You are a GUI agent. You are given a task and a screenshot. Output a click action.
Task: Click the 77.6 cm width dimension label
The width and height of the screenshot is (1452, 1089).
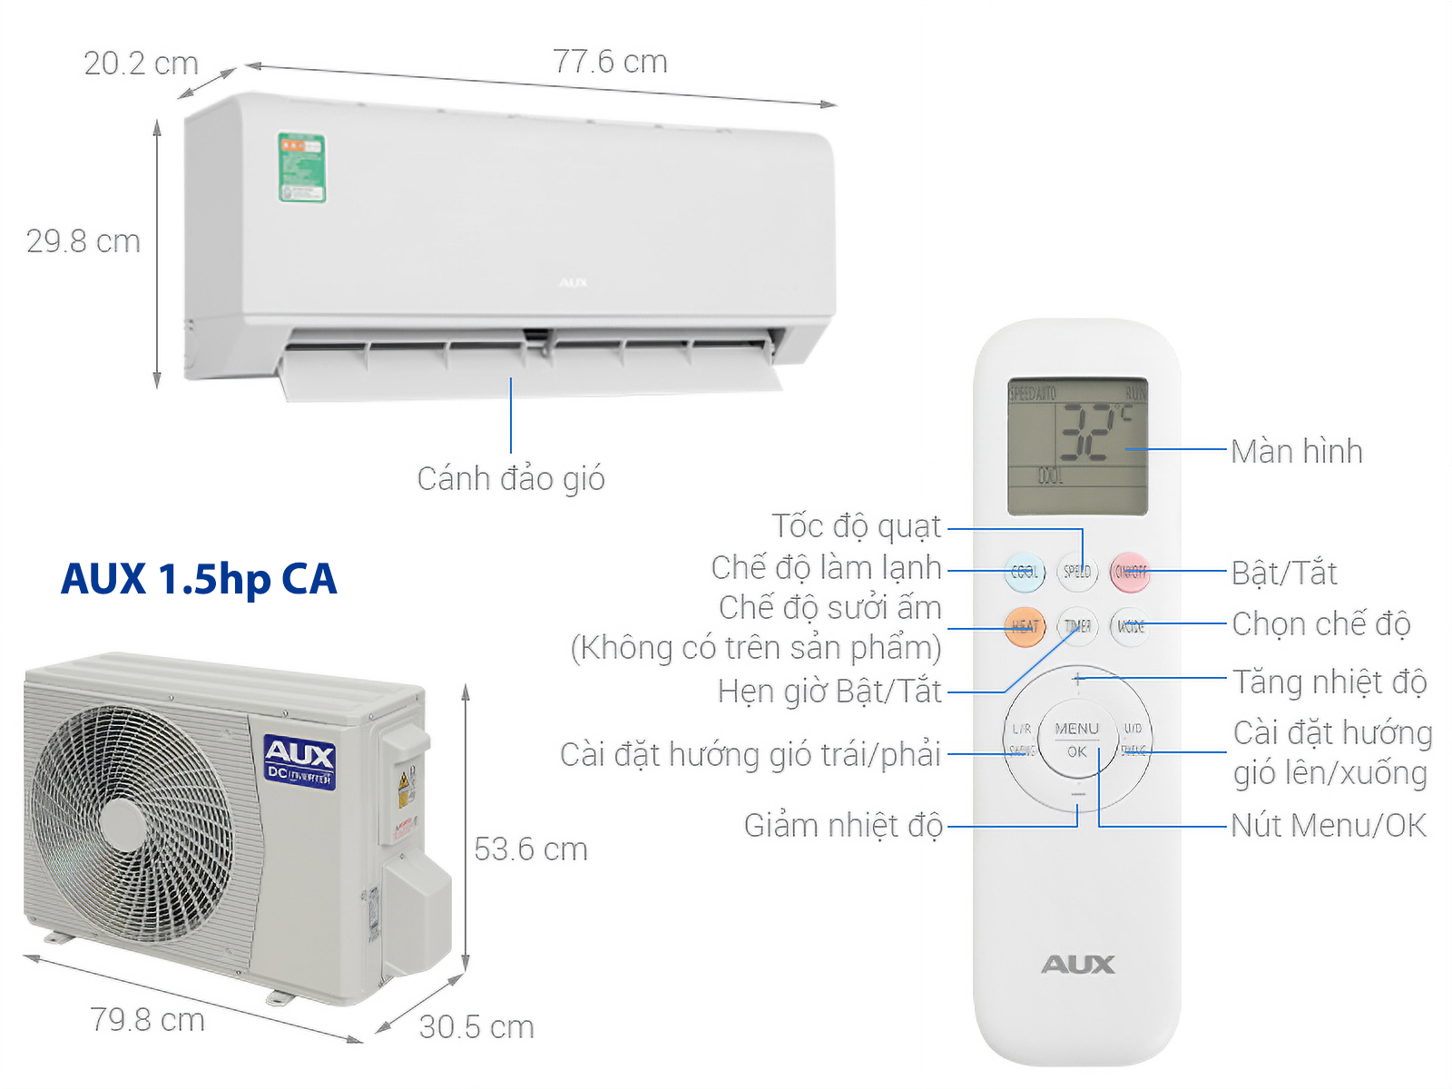(x=610, y=62)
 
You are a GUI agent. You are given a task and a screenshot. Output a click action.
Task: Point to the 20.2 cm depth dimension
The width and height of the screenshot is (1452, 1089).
(x=141, y=64)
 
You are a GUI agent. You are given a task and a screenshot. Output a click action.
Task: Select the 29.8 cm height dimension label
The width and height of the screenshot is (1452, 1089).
(x=83, y=241)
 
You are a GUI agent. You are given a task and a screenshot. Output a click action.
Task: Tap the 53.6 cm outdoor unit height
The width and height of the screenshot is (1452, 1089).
(x=531, y=849)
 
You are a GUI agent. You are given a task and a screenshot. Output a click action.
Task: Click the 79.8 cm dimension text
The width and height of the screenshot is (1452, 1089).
(x=147, y=1020)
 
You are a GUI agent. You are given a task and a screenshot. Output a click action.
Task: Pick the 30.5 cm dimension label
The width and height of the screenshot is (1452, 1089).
(x=476, y=1027)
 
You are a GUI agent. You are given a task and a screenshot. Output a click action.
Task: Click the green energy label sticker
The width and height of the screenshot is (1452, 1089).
(x=301, y=168)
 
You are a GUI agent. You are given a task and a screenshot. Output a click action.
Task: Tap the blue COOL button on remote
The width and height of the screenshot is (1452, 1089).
(x=1025, y=572)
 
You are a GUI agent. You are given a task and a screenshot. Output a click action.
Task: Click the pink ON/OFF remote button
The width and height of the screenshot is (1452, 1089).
(x=1130, y=572)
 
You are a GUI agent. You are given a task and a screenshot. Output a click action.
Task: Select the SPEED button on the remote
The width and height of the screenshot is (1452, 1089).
(x=1077, y=572)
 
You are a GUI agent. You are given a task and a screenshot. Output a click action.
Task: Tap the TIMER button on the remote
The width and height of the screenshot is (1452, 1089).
(x=1077, y=626)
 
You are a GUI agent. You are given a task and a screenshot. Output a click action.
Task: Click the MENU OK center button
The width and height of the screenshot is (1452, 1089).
(x=1077, y=740)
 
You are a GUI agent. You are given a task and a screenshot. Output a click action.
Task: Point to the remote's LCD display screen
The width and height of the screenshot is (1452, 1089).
(x=1077, y=446)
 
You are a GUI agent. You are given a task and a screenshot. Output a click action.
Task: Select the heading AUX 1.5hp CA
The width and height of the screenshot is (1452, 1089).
(x=199, y=579)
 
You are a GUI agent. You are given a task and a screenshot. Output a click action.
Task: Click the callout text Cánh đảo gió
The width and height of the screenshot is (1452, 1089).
(x=511, y=478)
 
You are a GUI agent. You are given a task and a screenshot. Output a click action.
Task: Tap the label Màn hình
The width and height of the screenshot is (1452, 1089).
(x=1296, y=451)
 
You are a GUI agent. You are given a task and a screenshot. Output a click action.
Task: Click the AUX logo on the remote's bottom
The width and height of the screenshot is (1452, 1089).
(x=1077, y=965)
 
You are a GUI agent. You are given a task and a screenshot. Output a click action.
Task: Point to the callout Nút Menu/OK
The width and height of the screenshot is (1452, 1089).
(x=1328, y=825)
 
